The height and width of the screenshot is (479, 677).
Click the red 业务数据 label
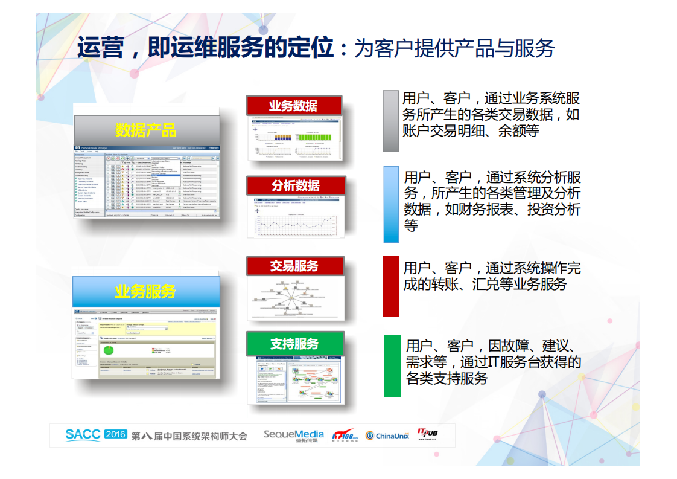pos(293,106)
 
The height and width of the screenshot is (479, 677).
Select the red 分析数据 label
pos(295,185)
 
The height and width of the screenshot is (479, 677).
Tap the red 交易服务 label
pos(294,266)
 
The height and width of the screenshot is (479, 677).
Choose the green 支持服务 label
pos(294,344)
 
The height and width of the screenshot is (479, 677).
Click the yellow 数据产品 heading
pos(145,130)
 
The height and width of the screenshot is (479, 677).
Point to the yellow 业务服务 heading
pos(145,292)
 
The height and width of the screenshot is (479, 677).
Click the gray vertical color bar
pos(390,121)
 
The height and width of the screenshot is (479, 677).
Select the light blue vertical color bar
pos(391,204)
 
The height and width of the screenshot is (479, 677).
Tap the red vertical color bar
pos(391,286)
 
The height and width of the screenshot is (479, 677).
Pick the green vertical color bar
pos(392,365)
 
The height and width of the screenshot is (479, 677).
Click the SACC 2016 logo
pos(96,435)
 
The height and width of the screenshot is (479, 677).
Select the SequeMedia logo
pos(294,435)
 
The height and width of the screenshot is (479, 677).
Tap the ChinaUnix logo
pos(387,436)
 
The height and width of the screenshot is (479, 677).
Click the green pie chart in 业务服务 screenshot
pos(109,350)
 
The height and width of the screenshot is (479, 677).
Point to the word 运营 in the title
pos(100,47)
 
